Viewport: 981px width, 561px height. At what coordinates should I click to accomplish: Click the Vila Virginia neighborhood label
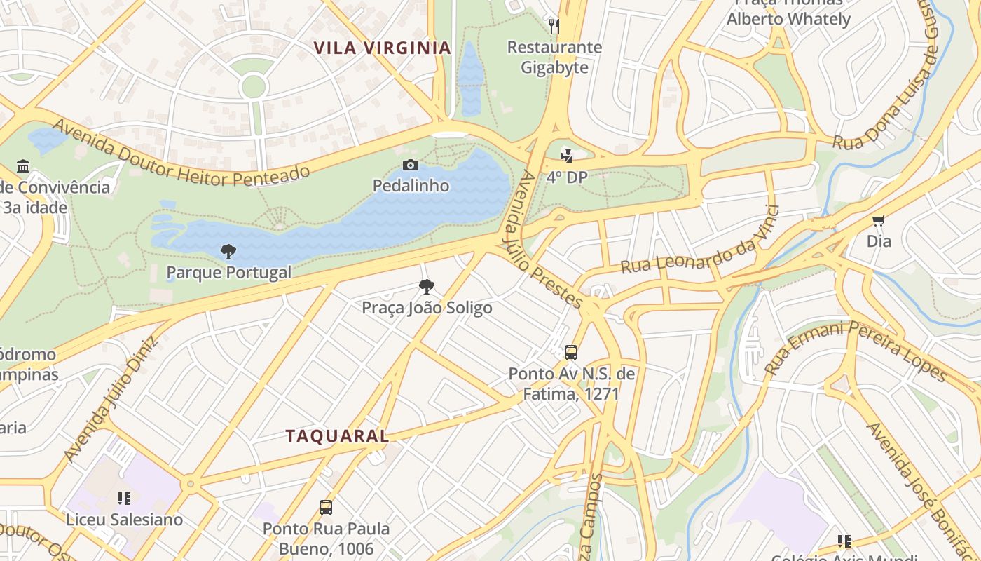click(382, 48)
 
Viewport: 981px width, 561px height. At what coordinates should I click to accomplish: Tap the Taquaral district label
click(337, 435)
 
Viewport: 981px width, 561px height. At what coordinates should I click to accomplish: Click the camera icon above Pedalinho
click(411, 165)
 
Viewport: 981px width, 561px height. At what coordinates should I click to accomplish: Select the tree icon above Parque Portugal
click(228, 252)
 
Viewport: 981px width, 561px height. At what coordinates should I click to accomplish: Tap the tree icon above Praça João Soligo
click(426, 286)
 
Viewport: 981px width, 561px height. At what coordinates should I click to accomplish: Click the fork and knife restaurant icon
click(554, 27)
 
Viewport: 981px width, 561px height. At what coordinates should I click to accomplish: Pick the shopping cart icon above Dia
click(879, 220)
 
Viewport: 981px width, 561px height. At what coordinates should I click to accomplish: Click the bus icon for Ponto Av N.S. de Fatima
click(571, 352)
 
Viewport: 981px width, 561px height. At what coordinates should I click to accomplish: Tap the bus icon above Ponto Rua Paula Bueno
click(325, 507)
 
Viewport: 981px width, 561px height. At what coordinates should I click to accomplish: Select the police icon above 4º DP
click(566, 156)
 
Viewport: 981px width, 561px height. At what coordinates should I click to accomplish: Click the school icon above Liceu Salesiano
click(124, 499)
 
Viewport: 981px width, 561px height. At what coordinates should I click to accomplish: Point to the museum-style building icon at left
click(23, 166)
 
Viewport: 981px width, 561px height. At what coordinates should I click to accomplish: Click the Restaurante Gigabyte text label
click(554, 58)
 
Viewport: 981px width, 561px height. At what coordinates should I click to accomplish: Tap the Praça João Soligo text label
click(427, 308)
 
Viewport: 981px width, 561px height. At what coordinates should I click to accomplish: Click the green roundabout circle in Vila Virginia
click(253, 86)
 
